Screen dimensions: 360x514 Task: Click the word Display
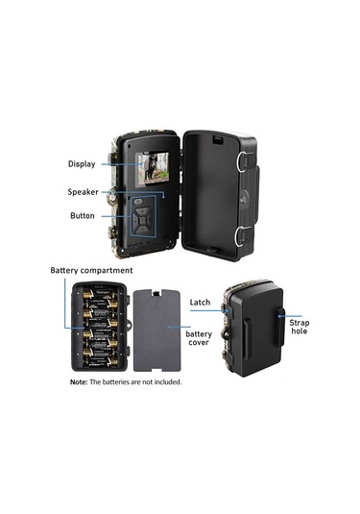coord(82,163)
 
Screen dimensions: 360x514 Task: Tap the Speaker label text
coord(82,192)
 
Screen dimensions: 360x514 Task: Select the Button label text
coord(83,215)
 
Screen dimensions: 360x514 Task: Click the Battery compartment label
coord(91,271)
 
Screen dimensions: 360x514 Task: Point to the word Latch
coord(200,302)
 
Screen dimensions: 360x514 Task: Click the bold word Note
coord(78,381)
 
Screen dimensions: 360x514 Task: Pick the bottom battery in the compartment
coord(101,362)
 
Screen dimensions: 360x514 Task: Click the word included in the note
coord(164,381)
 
